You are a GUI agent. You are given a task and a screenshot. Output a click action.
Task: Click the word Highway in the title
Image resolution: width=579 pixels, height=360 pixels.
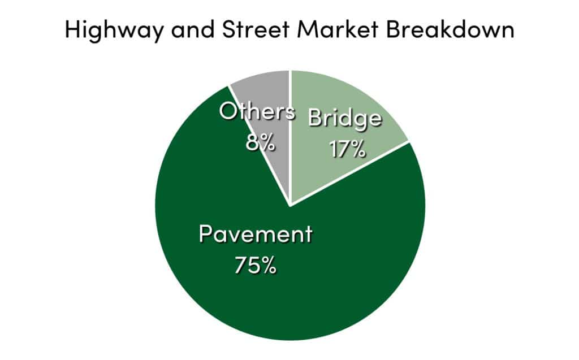pos(114,30)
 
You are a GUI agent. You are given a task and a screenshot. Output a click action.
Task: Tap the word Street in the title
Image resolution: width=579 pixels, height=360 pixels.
pos(256,29)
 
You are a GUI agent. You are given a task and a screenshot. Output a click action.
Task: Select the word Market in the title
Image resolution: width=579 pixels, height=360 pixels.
pos(338,29)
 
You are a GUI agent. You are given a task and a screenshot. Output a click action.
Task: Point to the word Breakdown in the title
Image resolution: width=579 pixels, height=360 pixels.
pos(450,29)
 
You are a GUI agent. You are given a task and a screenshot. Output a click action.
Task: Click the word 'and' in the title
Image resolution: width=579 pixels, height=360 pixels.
pos(192,29)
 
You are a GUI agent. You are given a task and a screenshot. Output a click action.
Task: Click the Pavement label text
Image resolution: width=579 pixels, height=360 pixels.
pos(256,234)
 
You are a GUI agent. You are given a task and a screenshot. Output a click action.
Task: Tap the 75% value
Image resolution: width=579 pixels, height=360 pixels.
pos(256,265)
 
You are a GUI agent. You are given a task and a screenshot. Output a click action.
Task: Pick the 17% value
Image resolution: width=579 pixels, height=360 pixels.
pos(348,149)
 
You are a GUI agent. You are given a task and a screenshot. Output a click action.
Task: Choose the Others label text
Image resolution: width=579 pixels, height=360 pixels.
pos(257,111)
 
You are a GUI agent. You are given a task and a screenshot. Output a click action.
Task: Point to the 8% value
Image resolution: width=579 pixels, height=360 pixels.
pos(260,142)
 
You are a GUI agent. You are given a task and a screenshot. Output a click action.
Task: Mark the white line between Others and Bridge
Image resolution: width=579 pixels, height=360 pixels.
pos(290,137)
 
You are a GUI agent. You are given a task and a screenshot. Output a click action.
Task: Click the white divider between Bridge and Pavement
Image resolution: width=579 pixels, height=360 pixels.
pos(349,173)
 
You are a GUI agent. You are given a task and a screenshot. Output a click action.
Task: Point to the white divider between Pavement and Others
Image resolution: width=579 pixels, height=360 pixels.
pos(259,145)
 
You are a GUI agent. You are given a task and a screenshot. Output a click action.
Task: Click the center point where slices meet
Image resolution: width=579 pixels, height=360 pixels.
pos(290,205)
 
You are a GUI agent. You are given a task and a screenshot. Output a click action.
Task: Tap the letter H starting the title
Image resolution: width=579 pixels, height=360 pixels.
pos(73,29)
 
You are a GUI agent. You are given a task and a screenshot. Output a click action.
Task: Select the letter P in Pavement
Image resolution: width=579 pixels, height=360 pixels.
pos(205,234)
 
